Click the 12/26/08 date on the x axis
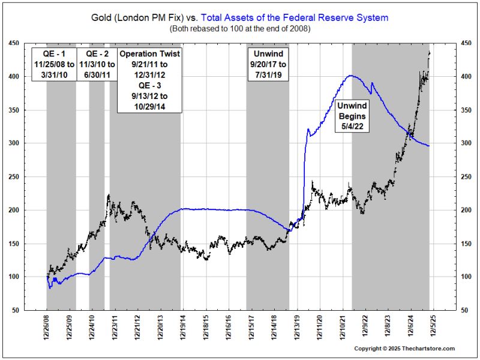click(x=47, y=329)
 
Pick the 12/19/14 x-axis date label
click(x=182, y=329)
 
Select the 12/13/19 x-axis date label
click(x=298, y=329)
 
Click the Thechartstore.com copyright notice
click(x=404, y=349)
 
